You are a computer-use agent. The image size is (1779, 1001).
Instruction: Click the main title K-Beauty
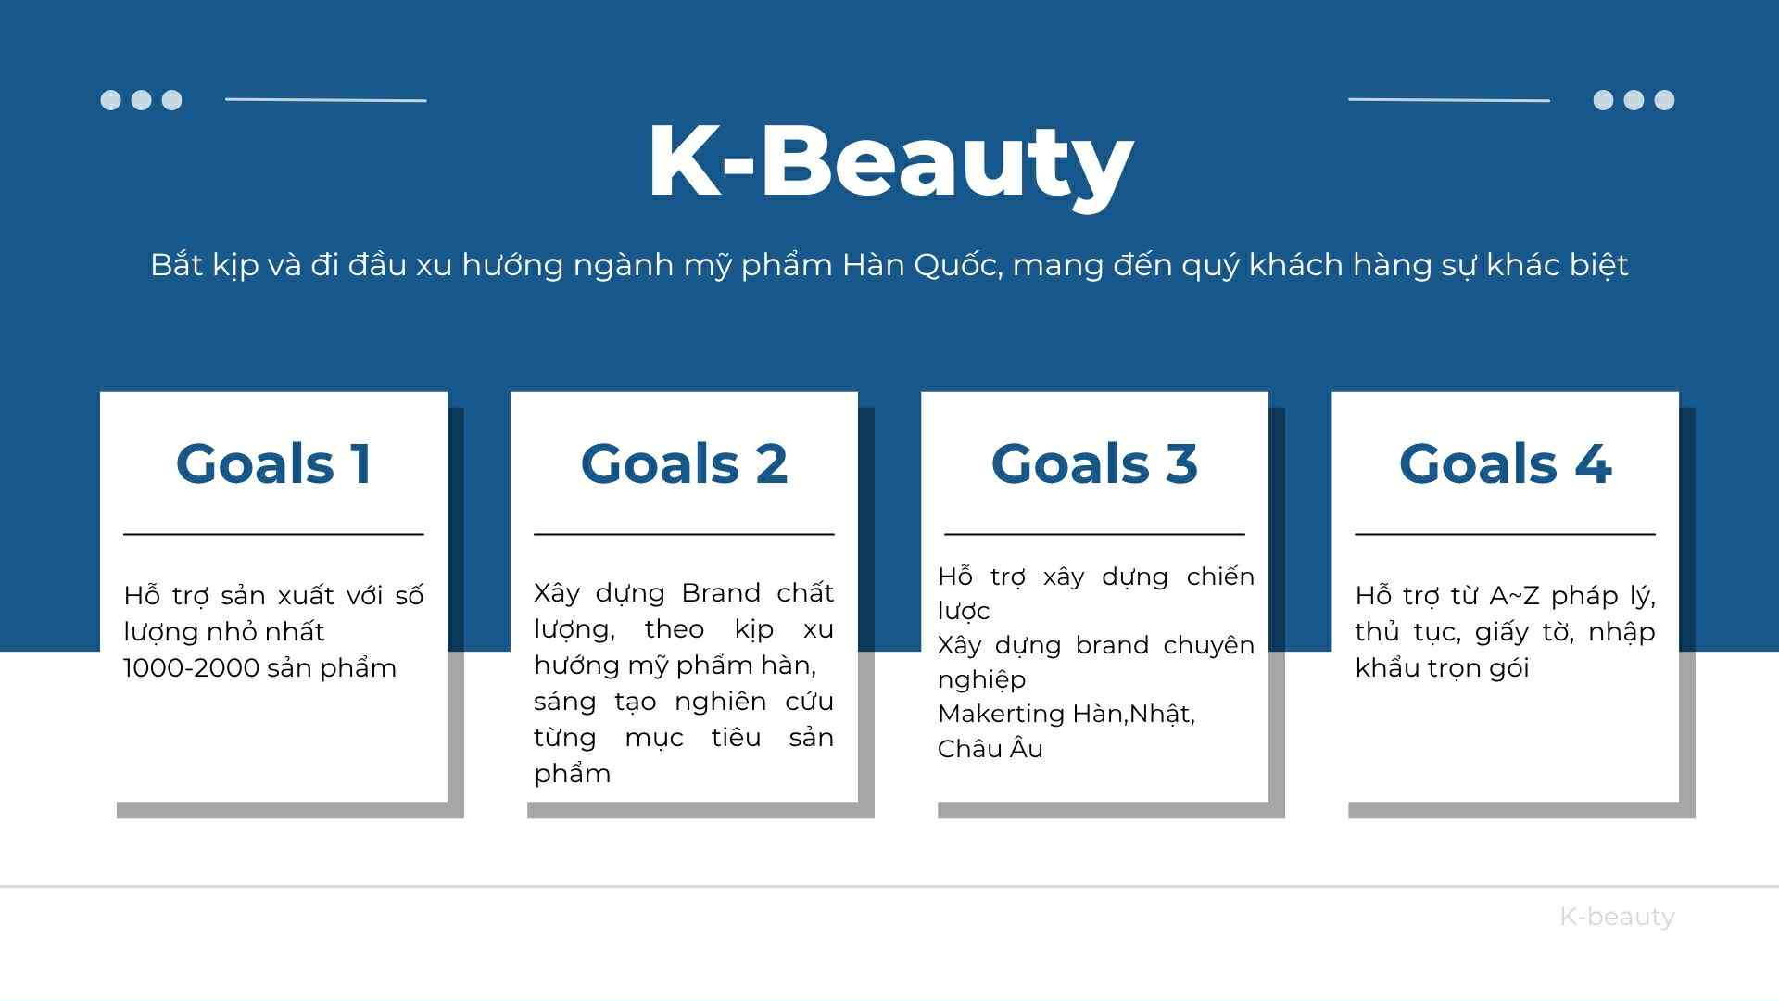click(890, 163)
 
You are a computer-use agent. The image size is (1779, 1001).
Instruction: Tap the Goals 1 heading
click(274, 463)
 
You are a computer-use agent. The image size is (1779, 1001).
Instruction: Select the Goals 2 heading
click(684, 463)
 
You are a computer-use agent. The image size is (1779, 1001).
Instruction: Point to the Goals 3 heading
click(1094, 463)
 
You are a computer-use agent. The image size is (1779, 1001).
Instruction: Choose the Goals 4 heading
click(1505, 463)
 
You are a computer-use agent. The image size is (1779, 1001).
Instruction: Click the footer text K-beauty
click(1617, 917)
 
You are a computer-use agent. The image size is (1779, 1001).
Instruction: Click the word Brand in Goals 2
click(721, 593)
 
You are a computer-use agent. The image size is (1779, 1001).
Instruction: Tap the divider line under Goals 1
click(273, 534)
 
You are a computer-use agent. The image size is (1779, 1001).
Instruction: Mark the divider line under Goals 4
click(1505, 534)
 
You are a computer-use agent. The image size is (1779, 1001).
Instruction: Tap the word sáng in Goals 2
click(565, 703)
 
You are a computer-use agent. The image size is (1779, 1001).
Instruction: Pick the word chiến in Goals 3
click(1220, 576)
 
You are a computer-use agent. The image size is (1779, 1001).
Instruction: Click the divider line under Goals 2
click(684, 534)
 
